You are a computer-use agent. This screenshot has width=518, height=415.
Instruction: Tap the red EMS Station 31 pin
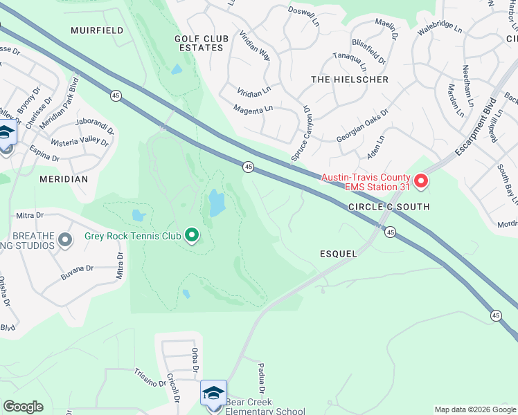click(421, 182)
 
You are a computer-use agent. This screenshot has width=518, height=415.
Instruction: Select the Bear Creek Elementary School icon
click(213, 393)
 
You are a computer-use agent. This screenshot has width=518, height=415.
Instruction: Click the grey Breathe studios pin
click(65, 241)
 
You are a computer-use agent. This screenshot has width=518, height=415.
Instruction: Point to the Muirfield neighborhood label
click(97, 30)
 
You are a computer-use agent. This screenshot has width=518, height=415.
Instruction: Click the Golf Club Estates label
click(199, 43)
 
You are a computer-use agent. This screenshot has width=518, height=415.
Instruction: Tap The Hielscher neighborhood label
click(340, 80)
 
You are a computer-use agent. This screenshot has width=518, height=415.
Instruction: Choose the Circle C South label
click(388, 207)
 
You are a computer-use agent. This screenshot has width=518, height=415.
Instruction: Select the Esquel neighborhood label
click(339, 254)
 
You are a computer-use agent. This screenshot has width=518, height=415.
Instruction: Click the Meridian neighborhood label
click(64, 179)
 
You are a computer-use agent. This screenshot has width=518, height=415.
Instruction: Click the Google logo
click(23, 407)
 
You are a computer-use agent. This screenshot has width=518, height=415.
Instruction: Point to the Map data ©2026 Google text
click(474, 409)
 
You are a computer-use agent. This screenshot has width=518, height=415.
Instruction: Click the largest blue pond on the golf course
click(217, 203)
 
